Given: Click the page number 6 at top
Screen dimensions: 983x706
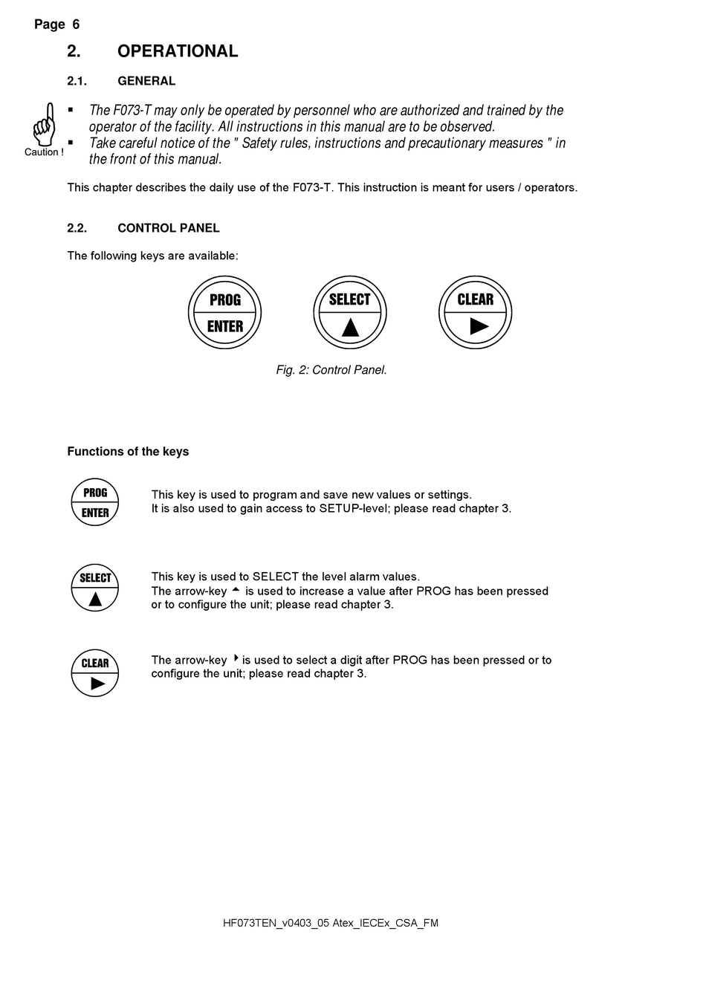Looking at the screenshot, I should [76, 25].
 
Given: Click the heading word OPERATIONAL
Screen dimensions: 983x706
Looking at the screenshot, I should [178, 51].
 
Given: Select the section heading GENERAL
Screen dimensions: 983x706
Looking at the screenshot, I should [146, 81].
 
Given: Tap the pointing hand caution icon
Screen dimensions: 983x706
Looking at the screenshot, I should [45, 125].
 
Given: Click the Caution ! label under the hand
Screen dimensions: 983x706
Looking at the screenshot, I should [44, 152].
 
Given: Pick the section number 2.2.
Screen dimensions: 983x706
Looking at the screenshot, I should [77, 228].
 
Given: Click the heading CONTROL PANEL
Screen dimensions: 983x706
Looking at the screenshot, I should [169, 228].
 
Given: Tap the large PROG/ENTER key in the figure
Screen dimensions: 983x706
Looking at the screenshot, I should [225, 313].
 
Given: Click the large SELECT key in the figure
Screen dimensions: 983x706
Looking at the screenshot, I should [350, 313].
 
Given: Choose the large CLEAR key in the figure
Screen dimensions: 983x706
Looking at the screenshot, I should [476, 313].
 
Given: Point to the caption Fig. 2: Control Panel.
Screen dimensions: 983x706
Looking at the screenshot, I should [331, 370].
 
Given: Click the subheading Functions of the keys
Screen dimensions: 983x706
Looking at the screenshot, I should [128, 452].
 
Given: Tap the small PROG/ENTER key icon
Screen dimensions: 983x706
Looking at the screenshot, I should [95, 502].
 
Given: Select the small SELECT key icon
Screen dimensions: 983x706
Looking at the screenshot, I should [95, 588].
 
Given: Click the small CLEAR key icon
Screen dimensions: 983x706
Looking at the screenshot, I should [95, 673].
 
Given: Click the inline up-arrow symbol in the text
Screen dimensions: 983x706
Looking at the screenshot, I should [236, 590].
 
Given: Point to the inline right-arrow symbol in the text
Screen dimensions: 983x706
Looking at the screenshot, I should [236, 658].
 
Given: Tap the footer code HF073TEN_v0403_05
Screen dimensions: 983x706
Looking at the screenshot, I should [276, 924].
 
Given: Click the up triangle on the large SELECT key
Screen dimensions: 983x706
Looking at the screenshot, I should [350, 328].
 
